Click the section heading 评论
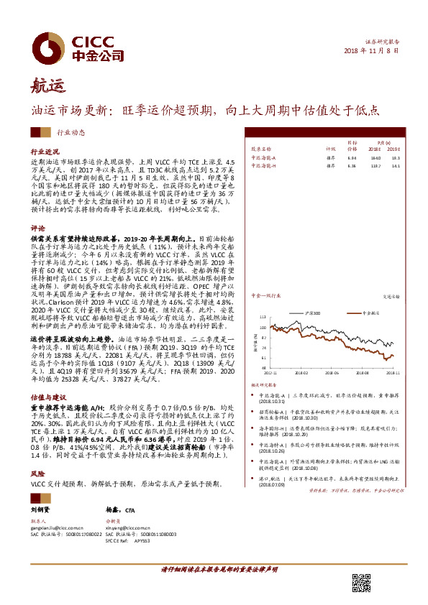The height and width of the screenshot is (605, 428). click(38, 226)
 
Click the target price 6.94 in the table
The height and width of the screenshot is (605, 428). click(332, 157)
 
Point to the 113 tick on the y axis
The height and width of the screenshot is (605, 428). click(263, 316)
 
